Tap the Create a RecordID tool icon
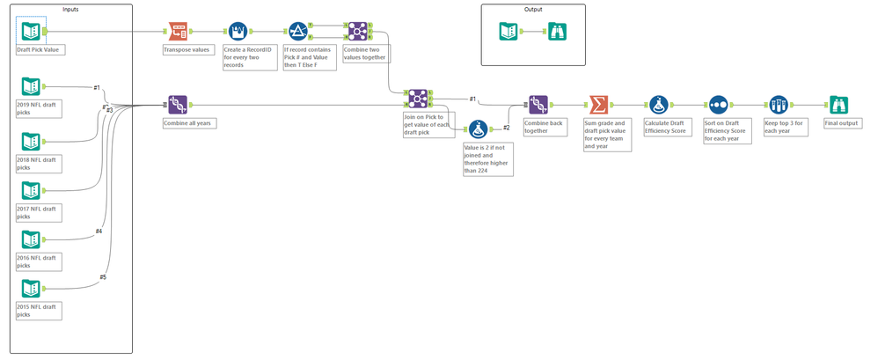[x=238, y=32]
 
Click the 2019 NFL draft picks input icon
[x=31, y=86]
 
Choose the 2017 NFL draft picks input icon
[x=31, y=190]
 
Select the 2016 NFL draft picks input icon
[x=31, y=239]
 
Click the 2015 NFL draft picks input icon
[x=31, y=289]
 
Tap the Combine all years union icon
[x=178, y=106]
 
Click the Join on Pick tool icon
[x=417, y=99]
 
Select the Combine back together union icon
[x=538, y=106]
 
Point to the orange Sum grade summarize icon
[x=598, y=106]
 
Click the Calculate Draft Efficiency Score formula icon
[x=658, y=106]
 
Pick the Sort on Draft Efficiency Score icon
[x=718, y=106]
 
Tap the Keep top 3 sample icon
[x=778, y=106]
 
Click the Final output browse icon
[x=838, y=106]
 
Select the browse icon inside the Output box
[x=559, y=32]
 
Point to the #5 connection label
[x=103, y=277]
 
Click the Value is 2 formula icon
[x=478, y=129]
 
